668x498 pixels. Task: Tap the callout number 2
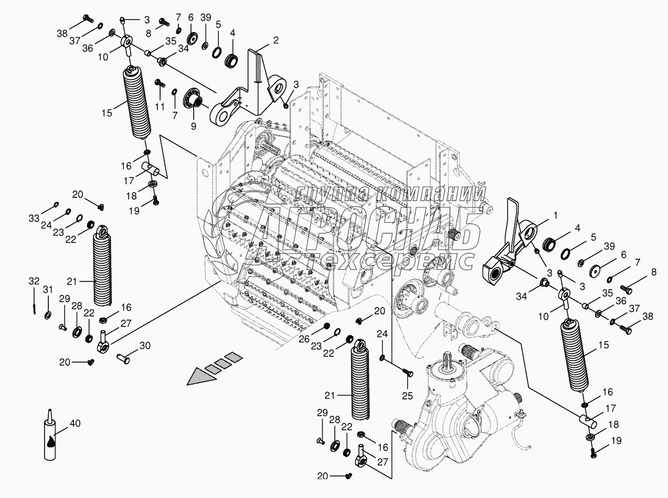click(x=276, y=39)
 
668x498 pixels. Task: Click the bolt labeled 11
click(x=160, y=83)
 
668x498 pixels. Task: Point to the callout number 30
click(x=145, y=345)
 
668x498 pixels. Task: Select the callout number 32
click(x=34, y=281)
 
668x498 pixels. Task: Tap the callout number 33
click(x=34, y=218)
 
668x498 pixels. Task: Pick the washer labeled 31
click(x=48, y=315)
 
